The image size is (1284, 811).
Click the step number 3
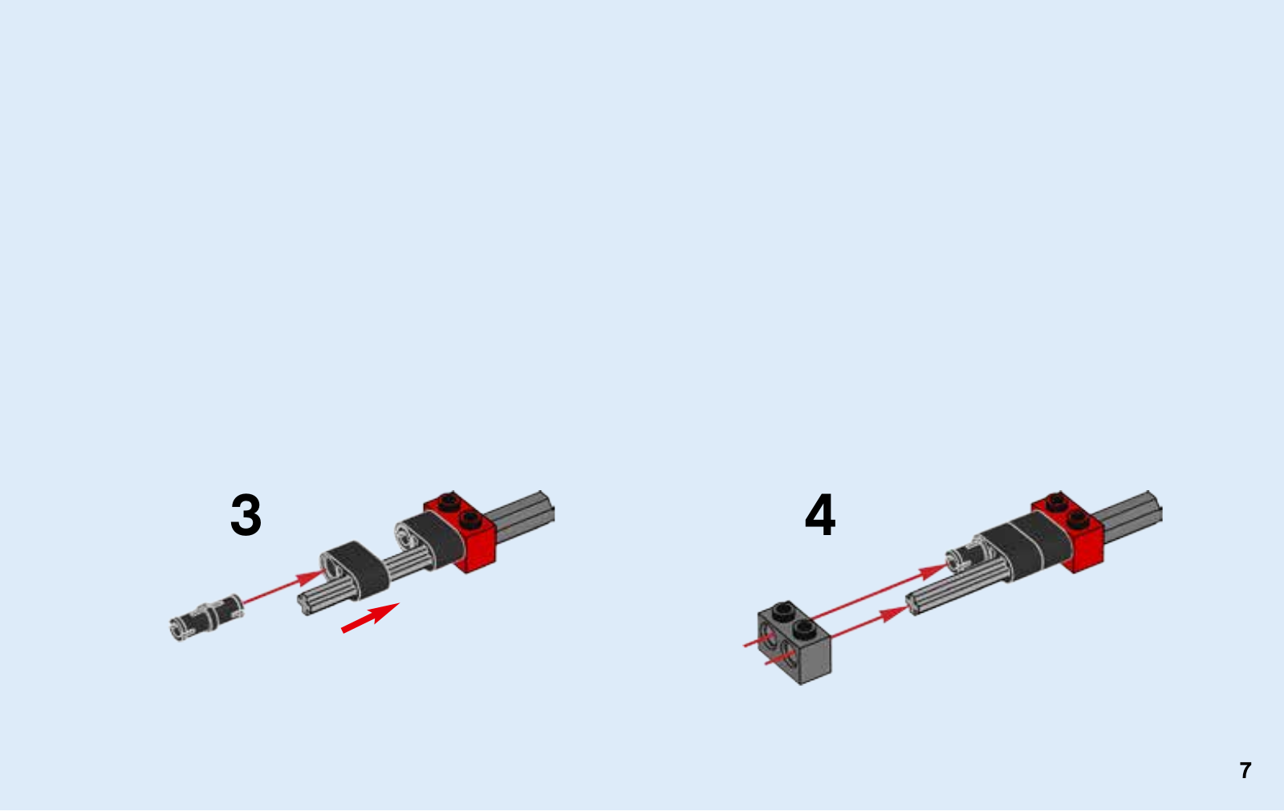(x=246, y=515)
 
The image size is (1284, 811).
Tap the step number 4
(x=820, y=514)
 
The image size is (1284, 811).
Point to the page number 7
(x=1245, y=770)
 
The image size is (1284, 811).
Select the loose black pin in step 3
(x=206, y=618)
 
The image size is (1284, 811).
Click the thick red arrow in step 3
(x=370, y=618)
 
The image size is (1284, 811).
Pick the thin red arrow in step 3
(x=284, y=586)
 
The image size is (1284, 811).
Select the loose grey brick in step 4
(x=794, y=643)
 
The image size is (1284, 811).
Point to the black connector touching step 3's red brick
(x=430, y=540)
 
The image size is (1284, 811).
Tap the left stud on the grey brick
(x=783, y=611)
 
